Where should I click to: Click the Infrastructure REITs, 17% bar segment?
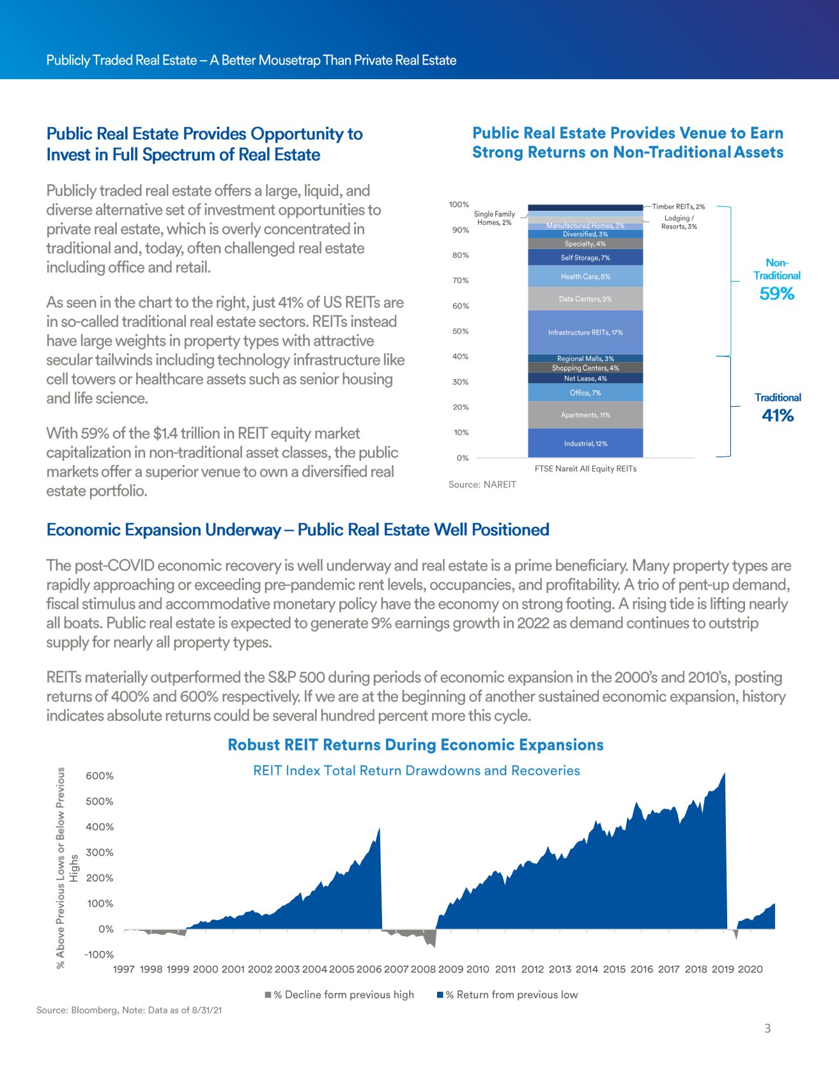[585, 332]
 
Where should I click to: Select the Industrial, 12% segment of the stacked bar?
[585, 443]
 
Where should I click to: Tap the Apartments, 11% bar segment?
[585, 415]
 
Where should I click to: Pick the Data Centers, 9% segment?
[585, 299]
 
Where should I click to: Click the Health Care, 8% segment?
[585, 277]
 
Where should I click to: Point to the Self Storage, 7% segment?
[585, 258]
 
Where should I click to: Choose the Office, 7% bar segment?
[585, 393]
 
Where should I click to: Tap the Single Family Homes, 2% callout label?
[494, 218]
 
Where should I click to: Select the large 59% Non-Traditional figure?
[776, 294]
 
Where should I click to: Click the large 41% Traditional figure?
[778, 416]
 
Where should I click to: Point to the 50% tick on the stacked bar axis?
[460, 331]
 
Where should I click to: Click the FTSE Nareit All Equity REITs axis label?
[585, 469]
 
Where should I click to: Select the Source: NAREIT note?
[482, 485]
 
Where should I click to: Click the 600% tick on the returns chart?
[100, 776]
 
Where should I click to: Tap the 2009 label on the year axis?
[450, 969]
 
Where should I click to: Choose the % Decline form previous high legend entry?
[340, 995]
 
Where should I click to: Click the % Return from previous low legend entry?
[507, 995]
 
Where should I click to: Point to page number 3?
[767, 1028]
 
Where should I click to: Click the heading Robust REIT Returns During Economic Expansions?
[415, 745]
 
